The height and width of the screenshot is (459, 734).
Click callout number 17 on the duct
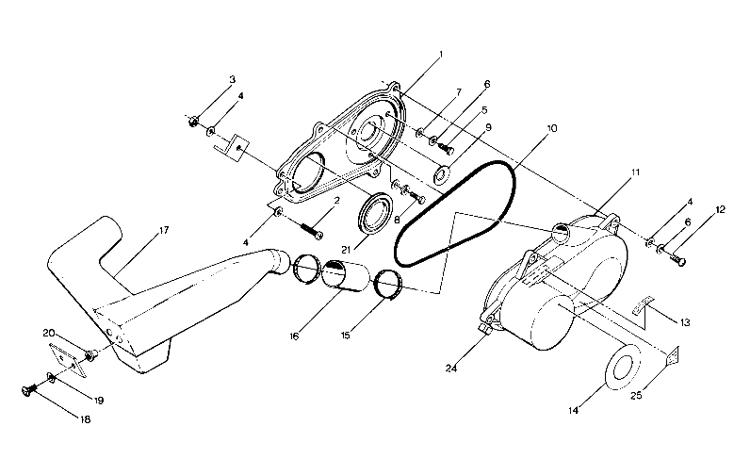163,229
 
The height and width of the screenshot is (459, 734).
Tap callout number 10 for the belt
551,126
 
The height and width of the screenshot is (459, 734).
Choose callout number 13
685,322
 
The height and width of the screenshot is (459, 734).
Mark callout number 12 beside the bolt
721,209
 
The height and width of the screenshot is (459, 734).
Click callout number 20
48,333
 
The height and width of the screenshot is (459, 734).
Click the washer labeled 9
441,175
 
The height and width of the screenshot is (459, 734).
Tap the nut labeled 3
192,121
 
